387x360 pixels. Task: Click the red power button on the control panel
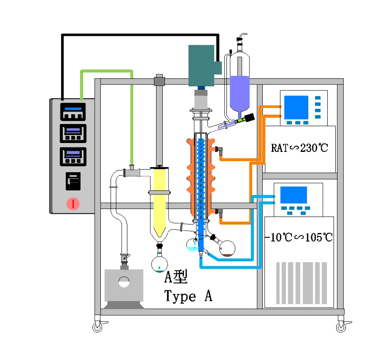pos(73,204)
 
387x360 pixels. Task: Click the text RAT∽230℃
pos(299,148)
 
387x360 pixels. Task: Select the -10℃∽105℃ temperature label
pos(299,237)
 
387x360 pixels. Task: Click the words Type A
pos(188,296)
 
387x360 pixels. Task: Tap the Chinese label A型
pos(176,277)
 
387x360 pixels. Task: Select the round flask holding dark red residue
pos(228,248)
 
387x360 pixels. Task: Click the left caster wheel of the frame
pos(97,327)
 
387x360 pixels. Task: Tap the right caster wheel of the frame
pos(341,327)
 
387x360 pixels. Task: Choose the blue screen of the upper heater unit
pos(296,107)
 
